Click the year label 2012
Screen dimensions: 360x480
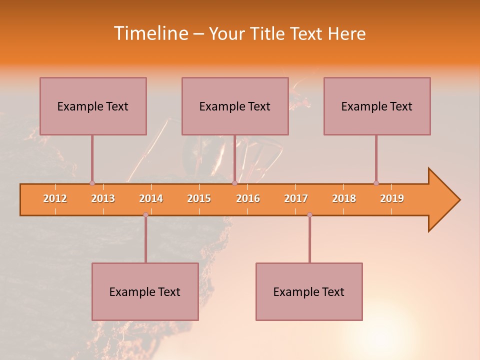pos(55,199)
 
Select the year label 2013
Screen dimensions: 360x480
pos(103,199)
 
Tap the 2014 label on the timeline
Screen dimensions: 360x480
pos(151,199)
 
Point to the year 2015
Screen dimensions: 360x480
pos(199,199)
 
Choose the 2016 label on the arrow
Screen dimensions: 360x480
pos(248,199)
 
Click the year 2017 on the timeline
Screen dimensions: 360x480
pos(296,199)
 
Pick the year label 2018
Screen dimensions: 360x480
pos(344,199)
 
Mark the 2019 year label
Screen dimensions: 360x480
pos(392,199)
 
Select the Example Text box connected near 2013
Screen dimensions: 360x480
pos(93,106)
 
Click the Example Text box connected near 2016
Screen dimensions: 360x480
pos(235,106)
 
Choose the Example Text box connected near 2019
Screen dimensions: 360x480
pos(377,106)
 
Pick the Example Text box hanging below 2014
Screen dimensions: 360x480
pos(145,291)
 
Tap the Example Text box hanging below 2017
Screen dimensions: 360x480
pos(309,291)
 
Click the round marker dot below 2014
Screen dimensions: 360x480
pos(145,214)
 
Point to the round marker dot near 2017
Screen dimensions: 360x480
pos(309,214)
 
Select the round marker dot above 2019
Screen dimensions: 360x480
pos(376,183)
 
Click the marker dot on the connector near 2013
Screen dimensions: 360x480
pos(92,183)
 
